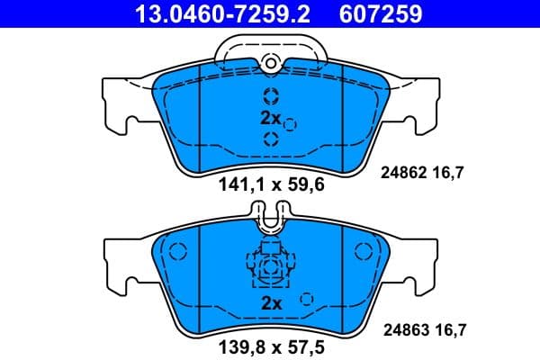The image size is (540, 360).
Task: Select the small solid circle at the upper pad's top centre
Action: [x=270, y=62]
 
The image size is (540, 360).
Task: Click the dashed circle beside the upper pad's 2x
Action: [x=290, y=124]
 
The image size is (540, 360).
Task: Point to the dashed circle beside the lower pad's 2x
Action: [x=307, y=300]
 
